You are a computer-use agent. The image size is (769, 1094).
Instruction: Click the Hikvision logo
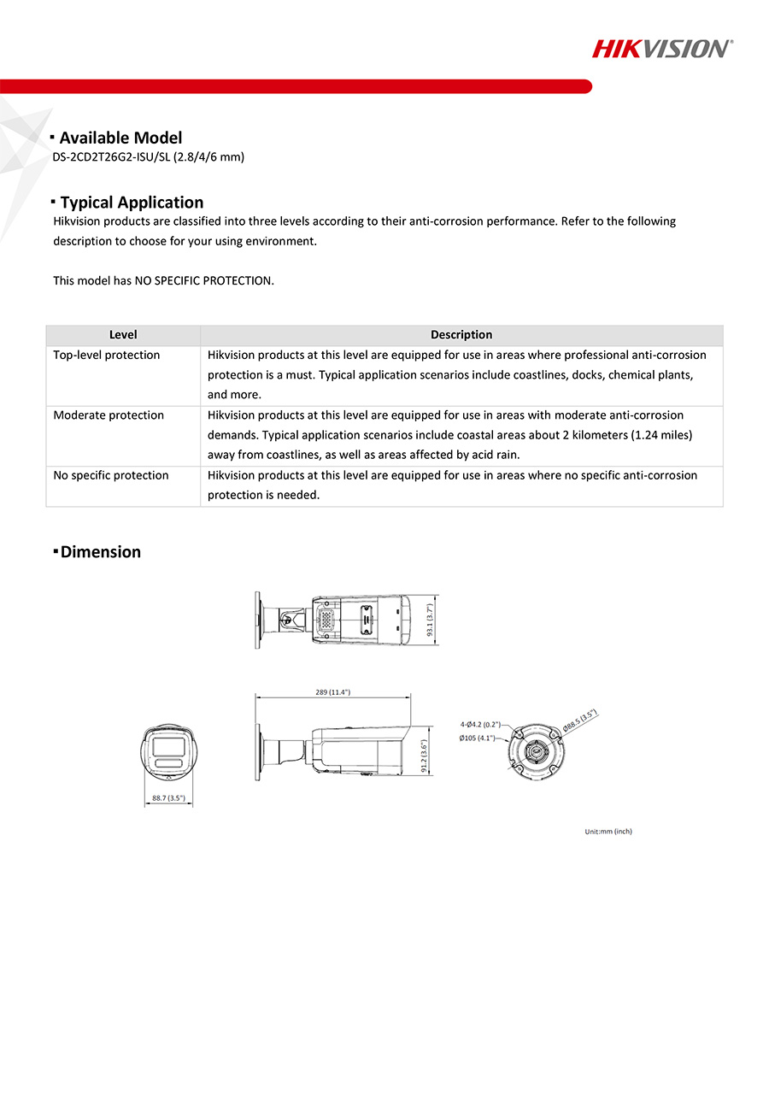click(662, 48)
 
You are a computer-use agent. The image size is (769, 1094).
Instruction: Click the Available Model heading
click(120, 138)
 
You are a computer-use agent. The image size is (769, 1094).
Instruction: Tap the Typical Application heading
click(132, 203)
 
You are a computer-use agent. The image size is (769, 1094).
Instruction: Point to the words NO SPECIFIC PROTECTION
click(204, 280)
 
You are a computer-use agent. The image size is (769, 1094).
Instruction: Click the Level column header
click(123, 335)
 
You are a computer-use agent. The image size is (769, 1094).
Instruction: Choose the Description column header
click(461, 335)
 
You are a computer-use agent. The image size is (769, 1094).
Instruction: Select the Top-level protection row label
click(107, 355)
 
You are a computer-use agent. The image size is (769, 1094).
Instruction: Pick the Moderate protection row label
click(109, 415)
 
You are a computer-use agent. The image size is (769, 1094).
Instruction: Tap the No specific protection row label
click(111, 475)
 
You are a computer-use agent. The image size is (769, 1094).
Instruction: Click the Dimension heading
click(100, 552)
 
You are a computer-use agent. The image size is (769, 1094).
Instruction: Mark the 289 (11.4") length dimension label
click(333, 691)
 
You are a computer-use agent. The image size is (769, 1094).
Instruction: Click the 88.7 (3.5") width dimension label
click(168, 798)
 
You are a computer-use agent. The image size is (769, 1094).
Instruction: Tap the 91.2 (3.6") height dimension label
click(425, 756)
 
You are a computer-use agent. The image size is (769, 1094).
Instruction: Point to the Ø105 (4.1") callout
click(477, 738)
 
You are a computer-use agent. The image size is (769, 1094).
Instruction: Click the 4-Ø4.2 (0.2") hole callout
click(480, 725)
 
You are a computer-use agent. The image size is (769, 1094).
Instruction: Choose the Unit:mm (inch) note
click(608, 832)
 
